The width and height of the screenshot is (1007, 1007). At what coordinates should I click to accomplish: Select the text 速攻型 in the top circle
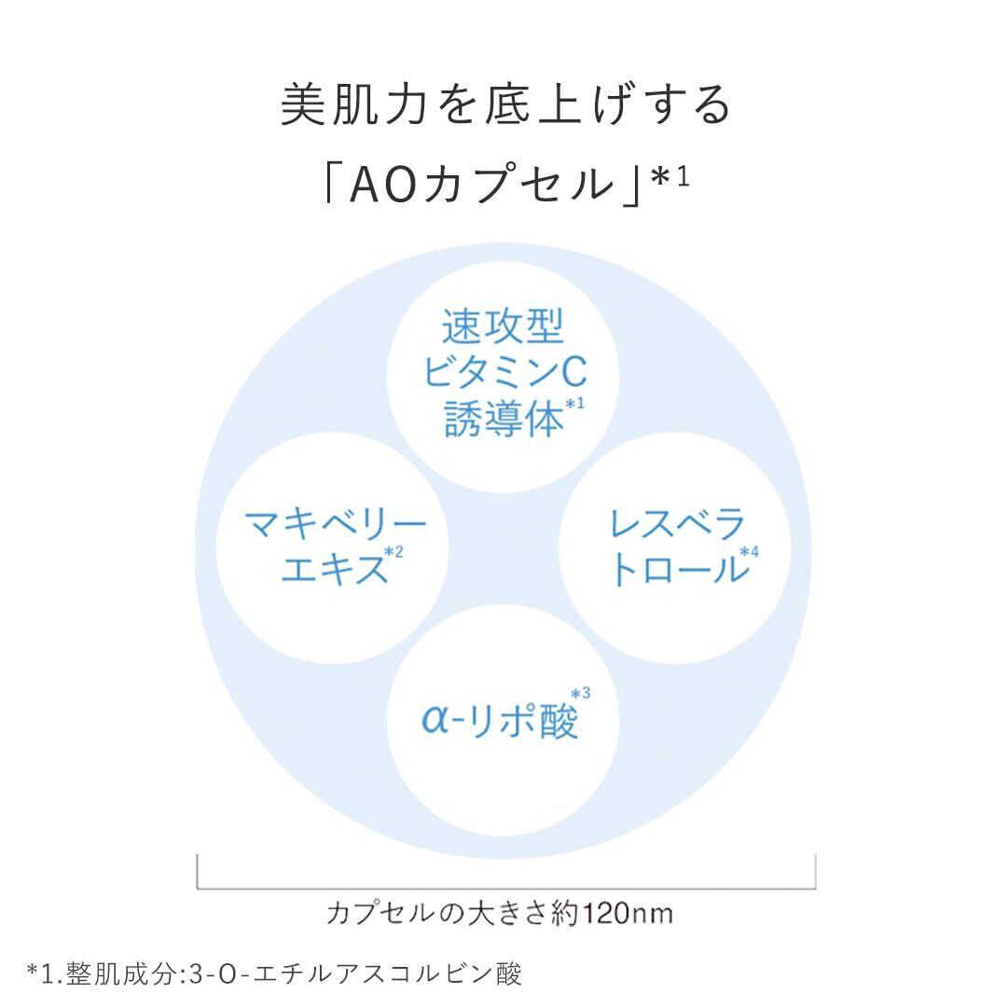click(x=504, y=329)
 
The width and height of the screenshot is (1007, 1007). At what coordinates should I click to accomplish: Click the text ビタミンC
click(x=504, y=374)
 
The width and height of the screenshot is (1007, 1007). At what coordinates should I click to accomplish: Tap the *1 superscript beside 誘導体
click(x=574, y=404)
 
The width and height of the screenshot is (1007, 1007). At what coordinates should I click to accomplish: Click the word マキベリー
click(x=335, y=524)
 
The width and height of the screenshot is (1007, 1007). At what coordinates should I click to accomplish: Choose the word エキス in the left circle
click(x=332, y=567)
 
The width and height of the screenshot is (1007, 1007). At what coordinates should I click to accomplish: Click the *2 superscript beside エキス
click(x=393, y=553)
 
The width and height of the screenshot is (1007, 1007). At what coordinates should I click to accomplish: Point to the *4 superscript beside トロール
click(x=749, y=552)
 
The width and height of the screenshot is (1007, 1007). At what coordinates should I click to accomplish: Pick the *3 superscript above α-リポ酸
click(x=579, y=693)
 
